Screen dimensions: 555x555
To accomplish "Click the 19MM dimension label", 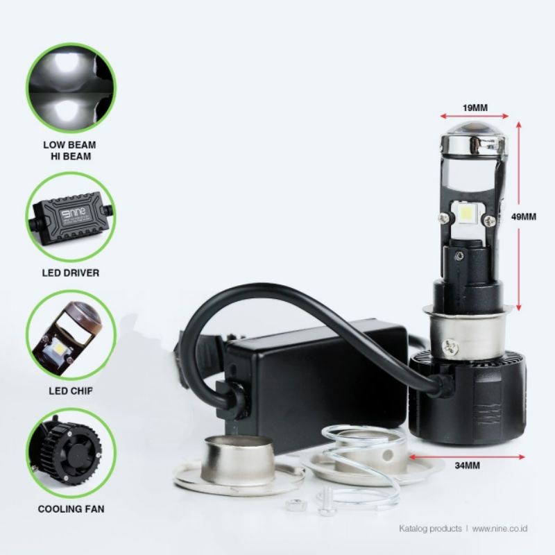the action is pyautogui.click(x=475, y=108).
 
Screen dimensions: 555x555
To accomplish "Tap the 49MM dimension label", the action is pyautogui.click(x=524, y=216).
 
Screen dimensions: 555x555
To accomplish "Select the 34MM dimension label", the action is pyautogui.click(x=467, y=465).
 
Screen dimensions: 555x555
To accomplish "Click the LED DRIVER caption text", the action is pyautogui.click(x=71, y=273).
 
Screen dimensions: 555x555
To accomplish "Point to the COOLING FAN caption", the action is pyautogui.click(x=71, y=509).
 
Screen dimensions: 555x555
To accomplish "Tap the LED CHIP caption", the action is pyautogui.click(x=71, y=391).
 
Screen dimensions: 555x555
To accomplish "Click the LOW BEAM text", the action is pyautogui.click(x=70, y=145).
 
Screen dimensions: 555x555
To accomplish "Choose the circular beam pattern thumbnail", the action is pyautogui.click(x=71, y=88).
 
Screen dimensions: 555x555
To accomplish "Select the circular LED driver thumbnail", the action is pyautogui.click(x=71, y=217).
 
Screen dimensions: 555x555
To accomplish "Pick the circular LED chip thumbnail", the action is pyautogui.click(x=71, y=335).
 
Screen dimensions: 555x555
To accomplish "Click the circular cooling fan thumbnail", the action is pyautogui.click(x=71, y=454).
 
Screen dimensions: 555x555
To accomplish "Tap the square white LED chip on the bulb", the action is pyautogui.click(x=464, y=215).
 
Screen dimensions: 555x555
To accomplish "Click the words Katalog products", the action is pyautogui.click(x=430, y=529).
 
